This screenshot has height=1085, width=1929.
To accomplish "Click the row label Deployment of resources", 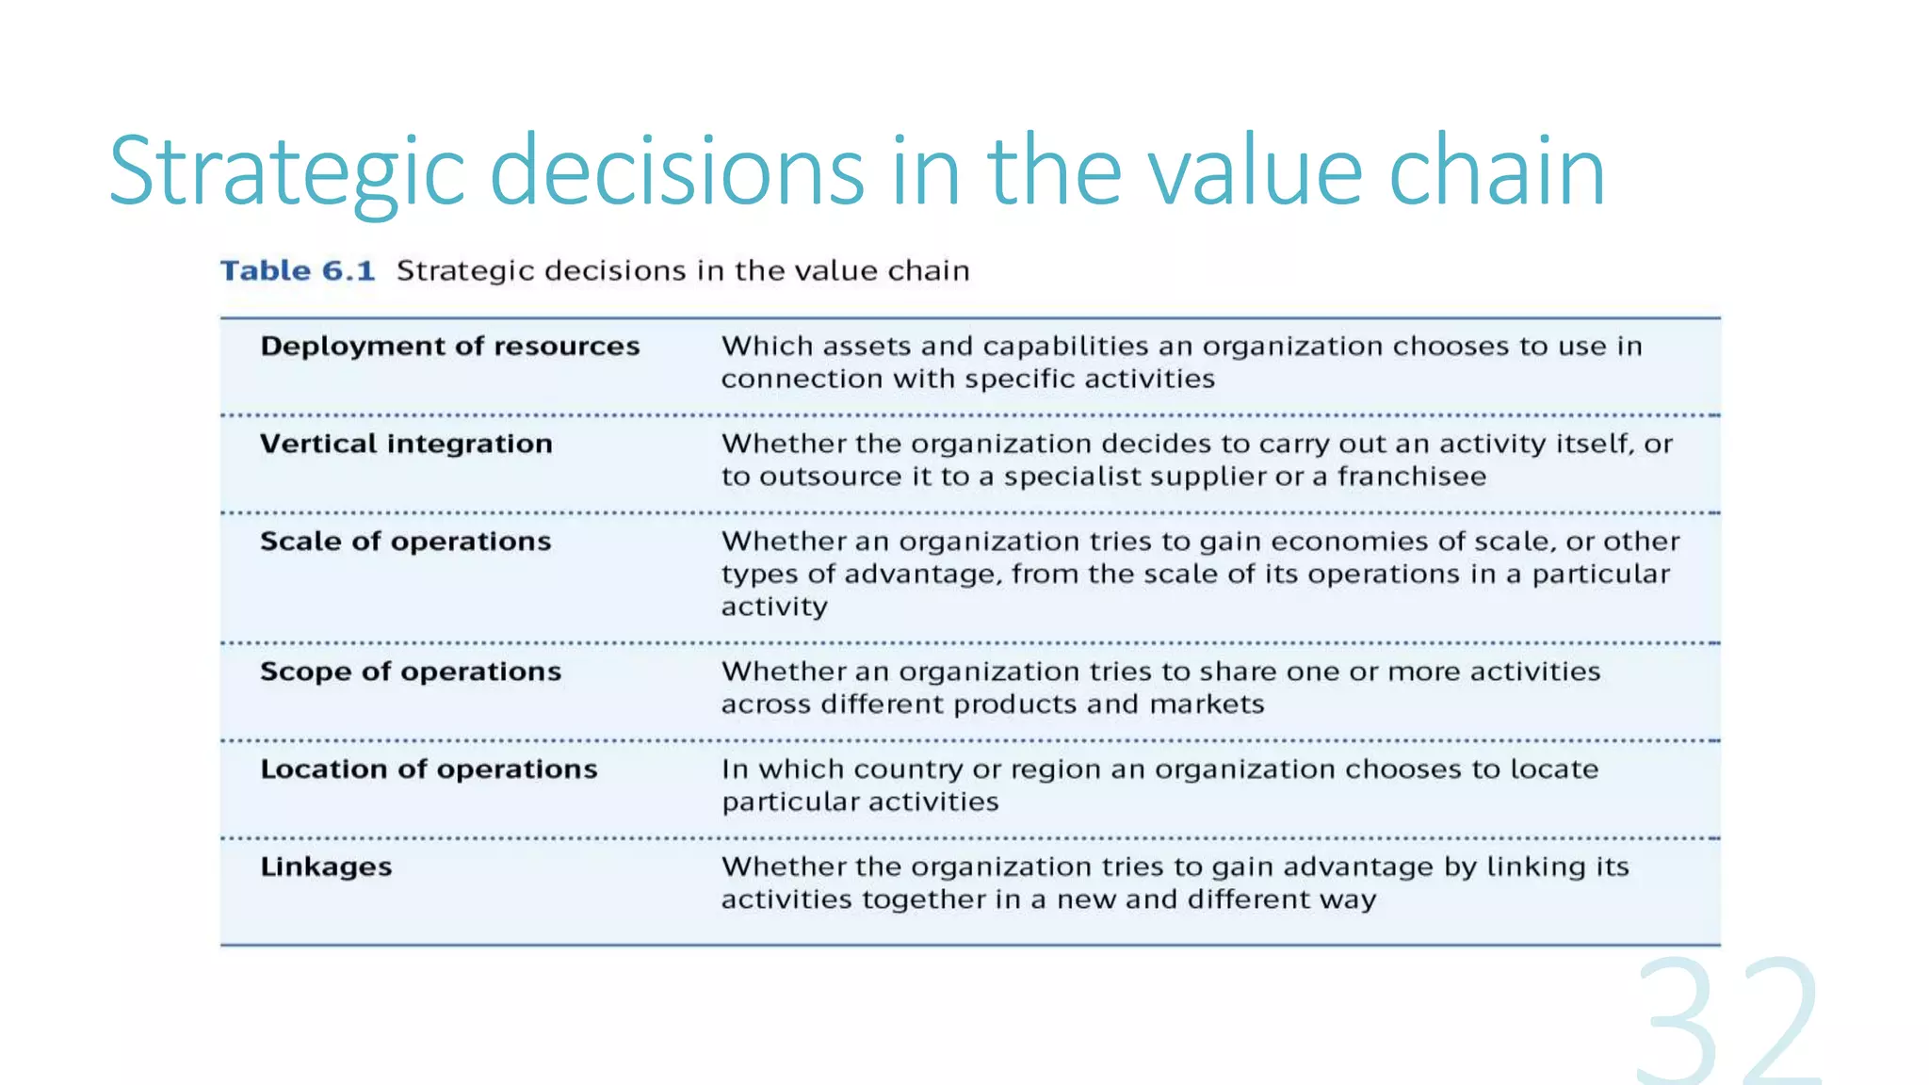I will click(449, 347).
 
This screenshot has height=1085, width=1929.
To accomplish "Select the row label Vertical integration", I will click(406, 444).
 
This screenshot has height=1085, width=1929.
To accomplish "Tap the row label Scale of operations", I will click(405, 542).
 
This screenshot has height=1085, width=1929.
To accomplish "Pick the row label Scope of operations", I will click(410, 672).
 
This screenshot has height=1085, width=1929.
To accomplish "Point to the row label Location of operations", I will click(429, 769).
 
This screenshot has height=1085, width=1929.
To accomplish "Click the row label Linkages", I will click(326, 866).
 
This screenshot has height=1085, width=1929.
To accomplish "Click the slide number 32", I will click(1728, 1022).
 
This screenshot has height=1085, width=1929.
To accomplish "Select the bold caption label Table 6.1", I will click(298, 271).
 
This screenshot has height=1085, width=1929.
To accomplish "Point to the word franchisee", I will click(1411, 477).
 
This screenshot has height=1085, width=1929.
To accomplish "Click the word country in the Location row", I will click(909, 769).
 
